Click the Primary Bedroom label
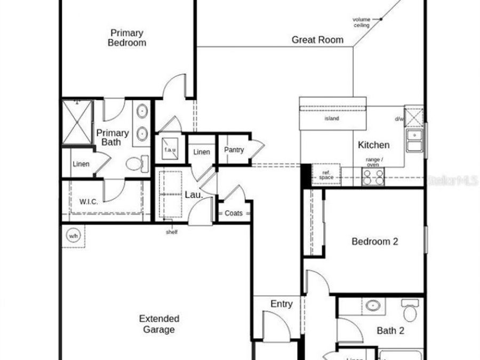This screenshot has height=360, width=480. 127,37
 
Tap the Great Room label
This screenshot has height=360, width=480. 317,40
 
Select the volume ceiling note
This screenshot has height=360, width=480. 361,22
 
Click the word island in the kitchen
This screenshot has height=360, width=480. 331,118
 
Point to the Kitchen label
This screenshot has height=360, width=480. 373,145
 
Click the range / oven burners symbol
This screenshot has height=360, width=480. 373,177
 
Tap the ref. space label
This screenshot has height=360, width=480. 326,174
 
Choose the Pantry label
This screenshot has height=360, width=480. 234,150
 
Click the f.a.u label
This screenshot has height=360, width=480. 170,150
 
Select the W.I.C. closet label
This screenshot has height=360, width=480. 88,202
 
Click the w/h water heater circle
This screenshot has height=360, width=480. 73,235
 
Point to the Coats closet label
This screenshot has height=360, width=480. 233,213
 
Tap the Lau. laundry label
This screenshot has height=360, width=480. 193,195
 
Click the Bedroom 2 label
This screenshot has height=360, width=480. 375,242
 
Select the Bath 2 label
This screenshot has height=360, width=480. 390,331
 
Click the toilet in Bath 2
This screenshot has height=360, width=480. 410,310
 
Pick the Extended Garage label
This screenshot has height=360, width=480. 159,324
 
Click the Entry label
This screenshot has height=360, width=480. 281,304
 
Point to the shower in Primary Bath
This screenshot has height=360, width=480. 77,122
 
